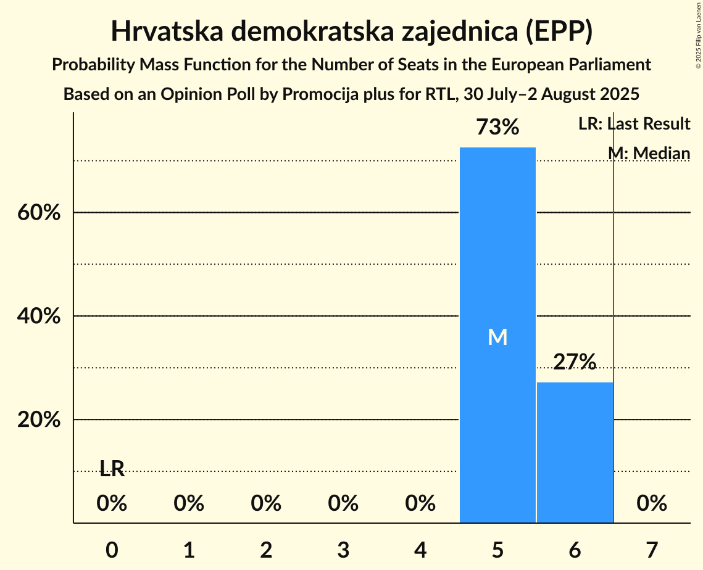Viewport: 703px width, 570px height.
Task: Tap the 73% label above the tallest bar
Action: (497, 128)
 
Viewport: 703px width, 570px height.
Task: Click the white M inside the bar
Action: (497, 337)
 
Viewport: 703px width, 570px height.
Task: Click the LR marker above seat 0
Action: (112, 469)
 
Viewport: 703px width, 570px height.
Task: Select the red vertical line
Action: (614, 308)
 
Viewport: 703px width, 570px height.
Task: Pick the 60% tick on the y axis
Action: (38, 213)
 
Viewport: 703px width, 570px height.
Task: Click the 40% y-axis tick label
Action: (38, 316)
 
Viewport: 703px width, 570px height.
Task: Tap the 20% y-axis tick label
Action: (38, 420)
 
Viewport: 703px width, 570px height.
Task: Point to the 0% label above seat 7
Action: (652, 504)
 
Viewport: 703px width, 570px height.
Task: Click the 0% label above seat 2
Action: (266, 504)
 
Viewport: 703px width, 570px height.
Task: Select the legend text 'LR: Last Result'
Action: (634, 124)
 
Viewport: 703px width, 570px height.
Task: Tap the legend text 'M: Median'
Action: (649, 152)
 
